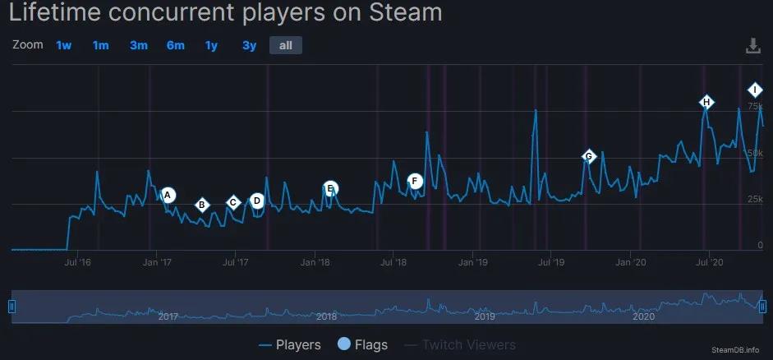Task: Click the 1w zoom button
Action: click(x=64, y=45)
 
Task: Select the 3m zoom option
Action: click(x=138, y=45)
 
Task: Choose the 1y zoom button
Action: click(x=211, y=45)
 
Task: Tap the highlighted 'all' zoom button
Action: click(x=285, y=45)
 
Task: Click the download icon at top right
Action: click(x=753, y=46)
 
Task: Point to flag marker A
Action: click(x=168, y=195)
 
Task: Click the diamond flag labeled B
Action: click(x=202, y=205)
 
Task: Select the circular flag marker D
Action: click(x=257, y=200)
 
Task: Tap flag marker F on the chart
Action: click(x=415, y=181)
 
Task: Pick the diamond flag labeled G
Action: click(x=588, y=156)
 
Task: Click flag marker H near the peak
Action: click(x=706, y=102)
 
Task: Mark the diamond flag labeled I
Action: click(x=754, y=90)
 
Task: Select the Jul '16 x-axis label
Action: click(x=77, y=263)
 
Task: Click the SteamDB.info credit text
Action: click(x=736, y=350)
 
